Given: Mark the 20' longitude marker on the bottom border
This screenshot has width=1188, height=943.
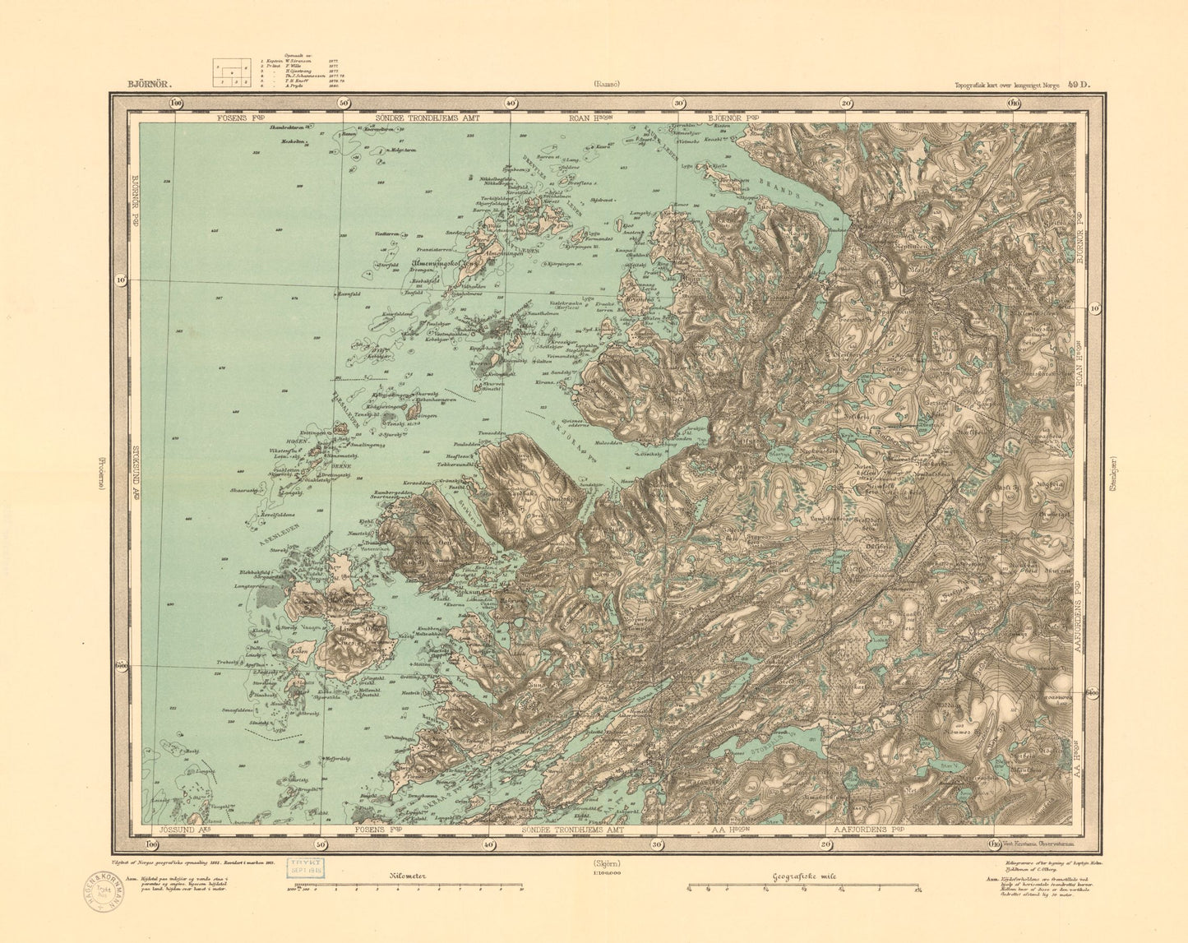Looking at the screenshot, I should click(x=825, y=844).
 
